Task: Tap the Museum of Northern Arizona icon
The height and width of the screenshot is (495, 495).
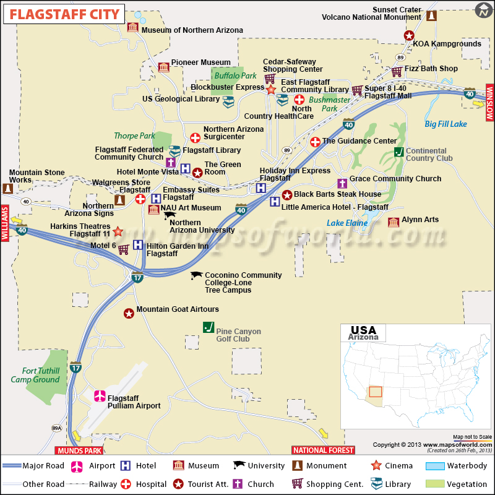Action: tap(132, 27)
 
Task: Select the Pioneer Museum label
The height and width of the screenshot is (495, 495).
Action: tap(200, 62)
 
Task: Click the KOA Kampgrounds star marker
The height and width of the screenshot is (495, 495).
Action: tap(409, 36)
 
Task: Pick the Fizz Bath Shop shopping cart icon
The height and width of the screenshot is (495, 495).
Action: tap(397, 72)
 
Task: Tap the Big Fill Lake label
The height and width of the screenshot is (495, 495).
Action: tap(445, 124)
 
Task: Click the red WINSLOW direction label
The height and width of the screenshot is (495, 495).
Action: tap(488, 101)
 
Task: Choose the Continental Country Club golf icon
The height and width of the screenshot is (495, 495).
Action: tap(399, 152)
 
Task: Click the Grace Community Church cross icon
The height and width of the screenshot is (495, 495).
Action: tap(342, 183)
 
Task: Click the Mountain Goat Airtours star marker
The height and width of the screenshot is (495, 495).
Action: tap(129, 314)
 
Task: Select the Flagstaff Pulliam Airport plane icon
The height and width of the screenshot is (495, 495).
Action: tap(99, 396)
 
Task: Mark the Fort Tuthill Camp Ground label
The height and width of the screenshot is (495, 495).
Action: tap(35, 375)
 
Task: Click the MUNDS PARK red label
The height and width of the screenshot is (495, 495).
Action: tap(79, 450)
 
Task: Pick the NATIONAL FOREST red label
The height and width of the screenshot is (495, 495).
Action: tap(324, 450)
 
